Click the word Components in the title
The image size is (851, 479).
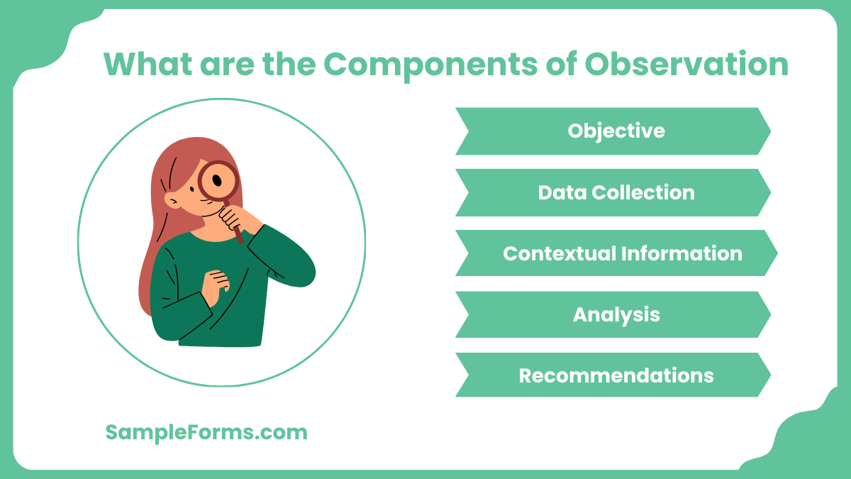point(430,65)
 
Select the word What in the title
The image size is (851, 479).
point(148,64)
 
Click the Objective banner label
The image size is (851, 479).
point(616,131)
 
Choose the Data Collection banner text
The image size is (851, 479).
point(616,192)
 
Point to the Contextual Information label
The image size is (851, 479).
point(623,253)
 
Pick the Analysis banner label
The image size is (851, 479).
point(616,315)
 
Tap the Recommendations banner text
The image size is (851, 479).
point(616,375)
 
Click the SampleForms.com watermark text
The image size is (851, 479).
point(206,433)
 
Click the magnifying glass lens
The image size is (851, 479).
point(219,181)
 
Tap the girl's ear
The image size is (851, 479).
point(172,200)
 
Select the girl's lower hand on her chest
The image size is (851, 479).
point(215,287)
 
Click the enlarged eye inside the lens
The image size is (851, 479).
point(217,180)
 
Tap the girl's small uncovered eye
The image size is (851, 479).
point(192,189)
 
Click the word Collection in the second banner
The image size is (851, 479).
point(643,192)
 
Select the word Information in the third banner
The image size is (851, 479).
point(682,253)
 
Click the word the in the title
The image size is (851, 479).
point(289,64)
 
